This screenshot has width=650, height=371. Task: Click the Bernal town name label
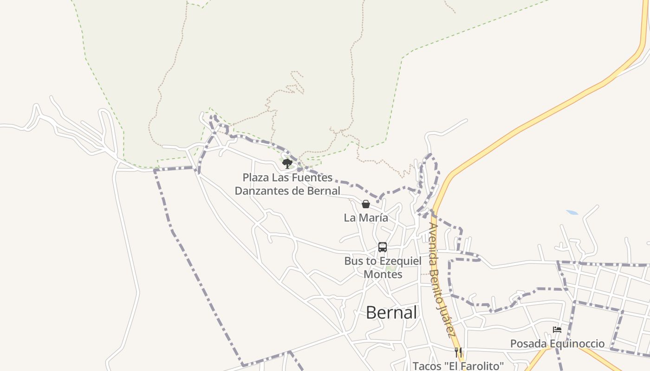coord(391,313)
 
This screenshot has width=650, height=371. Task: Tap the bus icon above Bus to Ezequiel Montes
coord(383,247)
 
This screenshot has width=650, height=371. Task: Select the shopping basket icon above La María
coord(366,204)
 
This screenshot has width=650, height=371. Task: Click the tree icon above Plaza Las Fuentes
coord(287,163)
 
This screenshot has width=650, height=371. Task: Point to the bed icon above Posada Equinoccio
coord(557,330)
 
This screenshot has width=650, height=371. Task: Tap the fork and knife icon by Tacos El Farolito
coord(458,352)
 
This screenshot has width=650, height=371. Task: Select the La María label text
coord(366,217)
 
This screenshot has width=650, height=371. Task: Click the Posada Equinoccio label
coord(557,344)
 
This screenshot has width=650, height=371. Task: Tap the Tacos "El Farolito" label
coord(458,366)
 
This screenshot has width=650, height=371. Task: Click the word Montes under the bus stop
coord(383,274)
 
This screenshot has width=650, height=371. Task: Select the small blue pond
coord(572,212)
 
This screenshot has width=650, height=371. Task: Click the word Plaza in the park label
coord(256,178)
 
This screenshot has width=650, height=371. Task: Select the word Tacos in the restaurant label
coord(426,366)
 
